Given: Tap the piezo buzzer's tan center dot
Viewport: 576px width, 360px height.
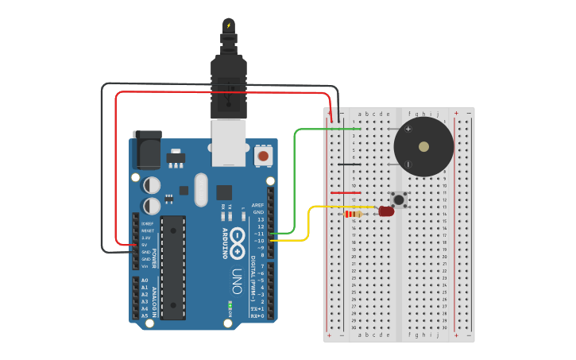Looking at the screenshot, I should [423, 147].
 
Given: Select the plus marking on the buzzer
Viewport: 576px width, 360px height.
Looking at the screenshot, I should [408, 128].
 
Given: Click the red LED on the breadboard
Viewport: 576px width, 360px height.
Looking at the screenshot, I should [386, 211].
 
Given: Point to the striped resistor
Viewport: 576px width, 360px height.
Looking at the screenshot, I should [354, 214].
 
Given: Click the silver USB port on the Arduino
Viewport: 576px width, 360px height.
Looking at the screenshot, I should [229, 142].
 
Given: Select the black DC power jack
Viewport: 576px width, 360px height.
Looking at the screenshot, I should [147, 149].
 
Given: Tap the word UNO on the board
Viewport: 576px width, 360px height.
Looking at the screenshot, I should [237, 281].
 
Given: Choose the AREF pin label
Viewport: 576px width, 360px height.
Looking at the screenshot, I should [257, 205].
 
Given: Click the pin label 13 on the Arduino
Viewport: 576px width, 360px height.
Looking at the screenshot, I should [261, 219].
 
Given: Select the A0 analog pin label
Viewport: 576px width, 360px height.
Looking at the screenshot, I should [145, 281].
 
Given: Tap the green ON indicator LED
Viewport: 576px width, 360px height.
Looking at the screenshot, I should [230, 304].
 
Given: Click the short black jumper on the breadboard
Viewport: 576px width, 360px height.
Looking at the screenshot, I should [350, 165].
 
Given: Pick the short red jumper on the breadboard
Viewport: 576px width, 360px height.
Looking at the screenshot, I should [346, 192].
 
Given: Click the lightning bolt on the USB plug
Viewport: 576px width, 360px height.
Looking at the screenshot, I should [229, 25].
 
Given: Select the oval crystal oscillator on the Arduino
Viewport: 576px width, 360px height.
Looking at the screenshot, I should [200, 190].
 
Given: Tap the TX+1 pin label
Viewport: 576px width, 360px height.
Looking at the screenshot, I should [257, 308].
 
